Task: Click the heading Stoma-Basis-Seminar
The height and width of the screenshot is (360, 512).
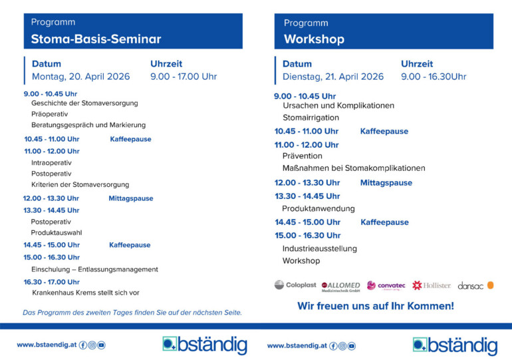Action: click(x=96, y=39)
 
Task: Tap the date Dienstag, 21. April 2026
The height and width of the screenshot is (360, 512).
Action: click(x=333, y=77)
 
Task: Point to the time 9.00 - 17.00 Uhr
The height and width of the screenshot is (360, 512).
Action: click(x=184, y=77)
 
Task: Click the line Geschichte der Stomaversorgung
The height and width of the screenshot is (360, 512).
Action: click(x=84, y=103)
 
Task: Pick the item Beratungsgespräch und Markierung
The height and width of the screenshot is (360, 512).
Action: click(x=88, y=124)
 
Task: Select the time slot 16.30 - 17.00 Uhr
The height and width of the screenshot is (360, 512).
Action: click(x=51, y=281)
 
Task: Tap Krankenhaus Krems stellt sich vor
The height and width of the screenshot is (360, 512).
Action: click(x=85, y=292)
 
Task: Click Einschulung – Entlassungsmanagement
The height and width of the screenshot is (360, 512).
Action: click(x=94, y=270)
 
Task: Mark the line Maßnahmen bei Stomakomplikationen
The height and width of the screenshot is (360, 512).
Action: click(x=353, y=168)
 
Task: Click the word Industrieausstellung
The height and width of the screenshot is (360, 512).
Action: click(x=319, y=249)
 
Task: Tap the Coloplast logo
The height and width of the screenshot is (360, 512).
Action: click(x=295, y=285)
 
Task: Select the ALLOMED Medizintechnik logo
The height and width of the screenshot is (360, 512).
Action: click(x=340, y=285)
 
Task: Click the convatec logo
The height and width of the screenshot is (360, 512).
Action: click(x=386, y=285)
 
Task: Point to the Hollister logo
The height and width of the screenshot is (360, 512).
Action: click(x=432, y=285)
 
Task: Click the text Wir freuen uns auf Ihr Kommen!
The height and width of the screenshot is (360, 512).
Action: click(x=375, y=306)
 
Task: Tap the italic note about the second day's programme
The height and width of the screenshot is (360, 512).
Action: click(x=132, y=312)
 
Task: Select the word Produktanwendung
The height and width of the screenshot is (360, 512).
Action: click(x=318, y=208)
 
